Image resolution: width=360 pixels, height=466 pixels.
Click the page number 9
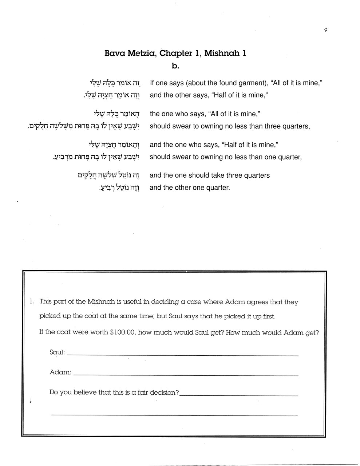click(325, 30)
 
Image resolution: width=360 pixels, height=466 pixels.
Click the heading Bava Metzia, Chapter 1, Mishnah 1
click(175, 53)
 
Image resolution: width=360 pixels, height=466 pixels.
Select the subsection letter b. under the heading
click(175, 66)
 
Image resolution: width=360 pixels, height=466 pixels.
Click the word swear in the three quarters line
click(181, 126)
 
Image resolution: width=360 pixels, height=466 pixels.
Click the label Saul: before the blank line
click(57, 352)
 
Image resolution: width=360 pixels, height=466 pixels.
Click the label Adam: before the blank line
click(60, 372)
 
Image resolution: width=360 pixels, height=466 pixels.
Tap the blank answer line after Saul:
click(183, 355)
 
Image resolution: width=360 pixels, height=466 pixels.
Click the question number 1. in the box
click(32, 301)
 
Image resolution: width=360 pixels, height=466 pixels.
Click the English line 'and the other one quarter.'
click(190, 188)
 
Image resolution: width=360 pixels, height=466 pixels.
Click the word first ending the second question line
click(267, 316)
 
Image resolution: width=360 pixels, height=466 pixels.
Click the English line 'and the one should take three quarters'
click(210, 175)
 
